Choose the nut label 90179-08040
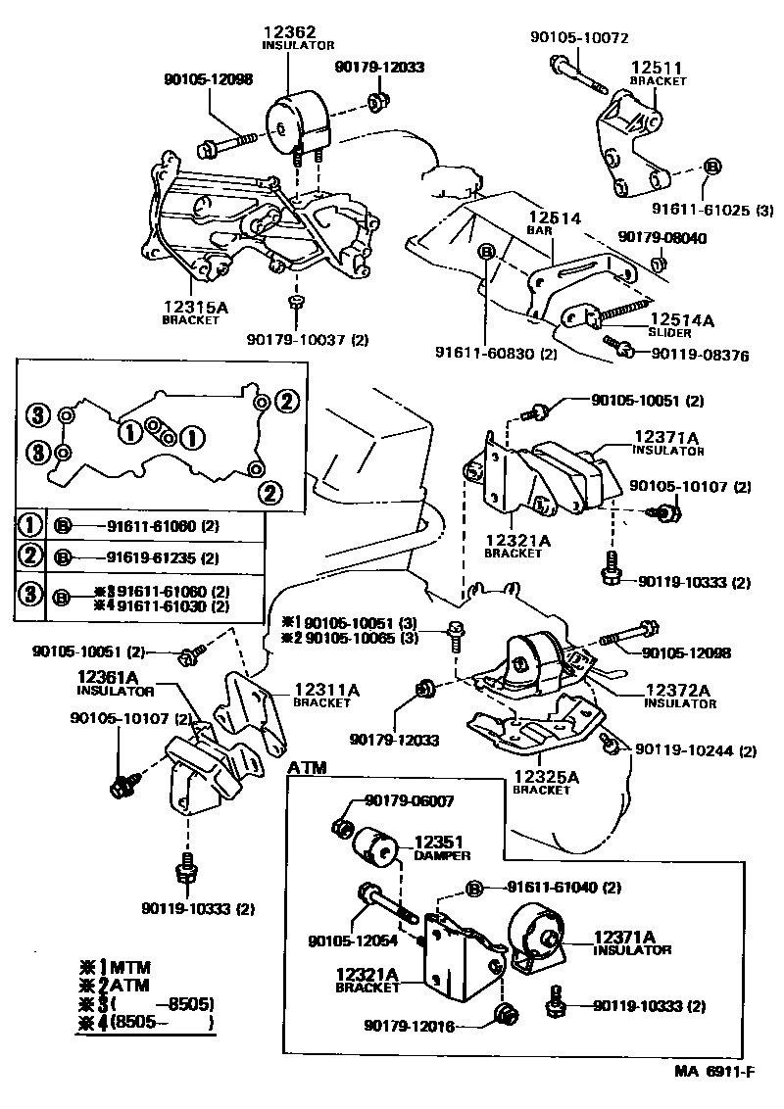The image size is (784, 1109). (x=661, y=237)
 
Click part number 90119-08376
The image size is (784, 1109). (x=700, y=356)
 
